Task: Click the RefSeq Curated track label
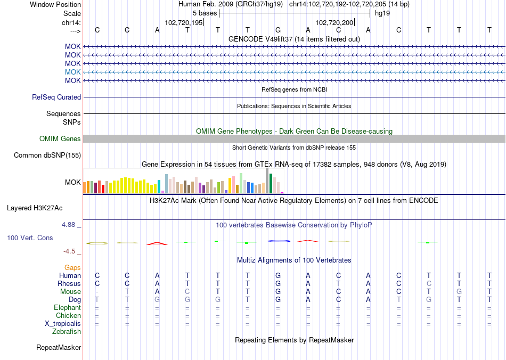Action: point(56,97)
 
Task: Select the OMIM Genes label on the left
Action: point(60,139)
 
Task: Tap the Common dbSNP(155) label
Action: point(47,156)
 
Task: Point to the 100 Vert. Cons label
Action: point(30,238)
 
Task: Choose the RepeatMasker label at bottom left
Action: point(59,348)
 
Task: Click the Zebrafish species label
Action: point(67,332)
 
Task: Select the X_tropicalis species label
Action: point(63,324)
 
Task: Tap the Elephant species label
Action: point(67,308)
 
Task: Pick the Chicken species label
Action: point(68,316)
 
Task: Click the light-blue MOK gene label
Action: point(72,72)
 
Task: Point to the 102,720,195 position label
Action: point(184,23)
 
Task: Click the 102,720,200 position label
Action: point(334,23)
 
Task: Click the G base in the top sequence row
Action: point(278,30)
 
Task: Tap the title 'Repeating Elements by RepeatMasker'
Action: point(294,340)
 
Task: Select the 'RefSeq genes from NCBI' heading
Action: point(294,89)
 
